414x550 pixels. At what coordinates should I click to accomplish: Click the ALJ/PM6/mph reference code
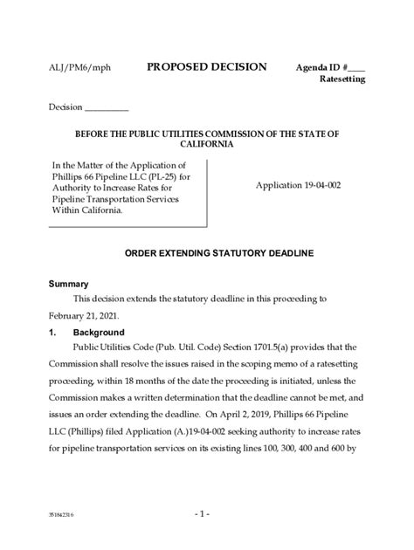74,67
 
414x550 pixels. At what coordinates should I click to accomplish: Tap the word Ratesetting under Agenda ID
342,79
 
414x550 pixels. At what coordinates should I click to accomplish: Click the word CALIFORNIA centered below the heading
206,144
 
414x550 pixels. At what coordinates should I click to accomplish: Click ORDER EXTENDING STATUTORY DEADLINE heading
206,252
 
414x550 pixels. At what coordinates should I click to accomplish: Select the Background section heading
99,333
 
